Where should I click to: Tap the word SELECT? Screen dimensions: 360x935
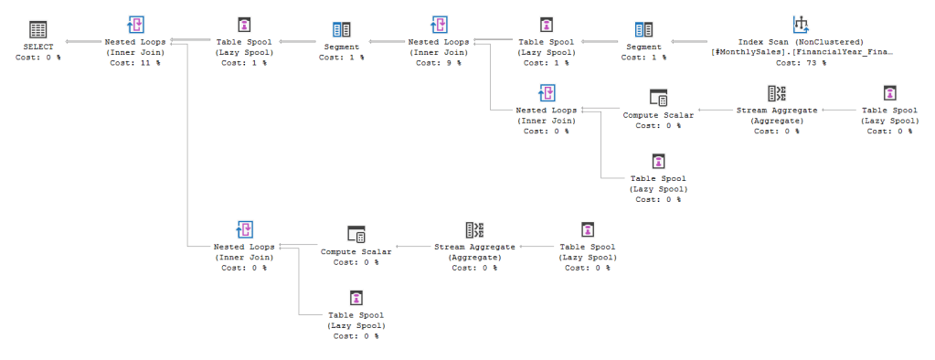pos(37,46)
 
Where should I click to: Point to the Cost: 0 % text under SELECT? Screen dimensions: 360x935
pos(37,57)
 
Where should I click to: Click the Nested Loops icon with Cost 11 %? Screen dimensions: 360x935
pos(135,25)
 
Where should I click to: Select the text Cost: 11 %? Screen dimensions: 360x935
pos(135,62)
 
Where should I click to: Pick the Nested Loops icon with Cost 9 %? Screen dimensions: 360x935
pos(440,25)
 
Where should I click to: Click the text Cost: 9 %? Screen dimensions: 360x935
pos(440,62)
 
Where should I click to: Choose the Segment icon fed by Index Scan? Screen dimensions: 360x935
pos(644,28)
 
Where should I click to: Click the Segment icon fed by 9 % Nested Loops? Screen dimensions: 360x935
pos(341,28)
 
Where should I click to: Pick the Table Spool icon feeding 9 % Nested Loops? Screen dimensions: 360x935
pos(546,25)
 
